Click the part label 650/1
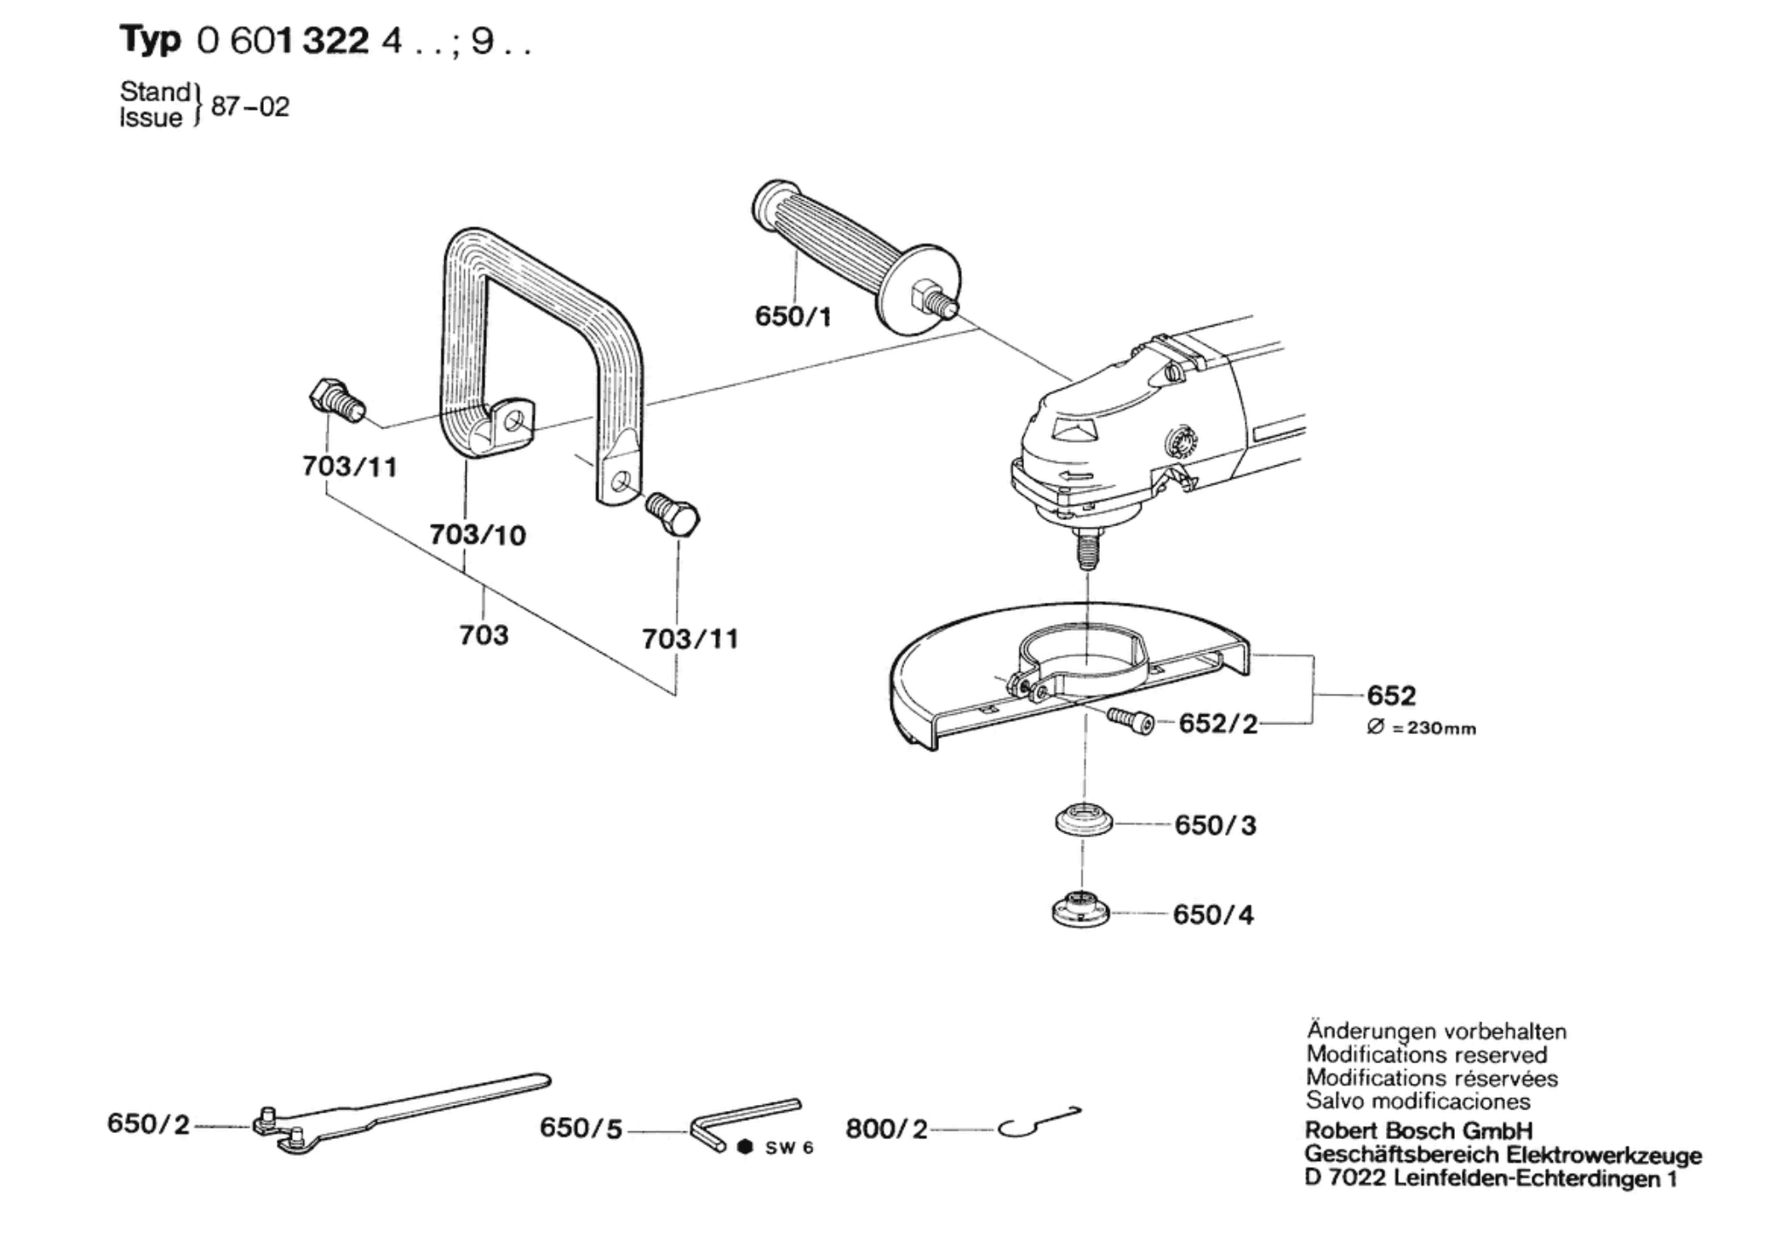pyautogui.click(x=793, y=317)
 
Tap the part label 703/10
pyautogui.click(x=478, y=535)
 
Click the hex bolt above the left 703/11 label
pyautogui.click(x=335, y=401)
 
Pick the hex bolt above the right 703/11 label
pyautogui.click(x=673, y=513)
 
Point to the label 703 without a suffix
pyautogui.click(x=484, y=634)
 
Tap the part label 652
pyautogui.click(x=1391, y=695)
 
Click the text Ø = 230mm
pyautogui.click(x=1422, y=729)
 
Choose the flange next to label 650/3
pyautogui.click(x=1083, y=821)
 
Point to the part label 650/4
pyautogui.click(x=1212, y=914)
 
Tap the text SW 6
pyautogui.click(x=788, y=1148)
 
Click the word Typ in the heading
pyautogui.click(x=150, y=41)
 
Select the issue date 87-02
pyautogui.click(x=250, y=107)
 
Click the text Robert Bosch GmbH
pyautogui.click(x=1418, y=1130)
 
